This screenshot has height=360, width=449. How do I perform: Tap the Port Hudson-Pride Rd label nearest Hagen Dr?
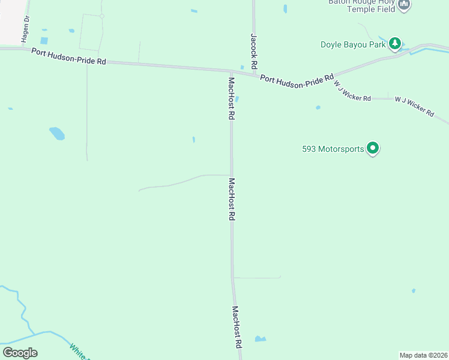[x=68, y=57]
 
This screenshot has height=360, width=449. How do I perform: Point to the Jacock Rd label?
[x=254, y=51]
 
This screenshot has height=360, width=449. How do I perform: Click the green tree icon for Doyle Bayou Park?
[x=394, y=43]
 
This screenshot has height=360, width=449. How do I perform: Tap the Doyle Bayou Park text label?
[x=352, y=44]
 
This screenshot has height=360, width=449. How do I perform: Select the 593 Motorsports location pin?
[x=373, y=148]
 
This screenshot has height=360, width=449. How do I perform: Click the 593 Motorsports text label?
[x=333, y=149]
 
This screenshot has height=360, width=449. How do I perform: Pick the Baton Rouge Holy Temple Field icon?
[x=404, y=5]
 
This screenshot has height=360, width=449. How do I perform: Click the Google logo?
[x=20, y=353]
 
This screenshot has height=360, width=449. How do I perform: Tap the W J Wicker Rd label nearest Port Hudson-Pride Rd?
[x=352, y=92]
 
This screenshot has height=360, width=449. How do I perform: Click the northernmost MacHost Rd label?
[x=231, y=98]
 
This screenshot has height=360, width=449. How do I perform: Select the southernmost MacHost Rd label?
[x=237, y=328]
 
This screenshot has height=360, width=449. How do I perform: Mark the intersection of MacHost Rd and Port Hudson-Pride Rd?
[x=231, y=71]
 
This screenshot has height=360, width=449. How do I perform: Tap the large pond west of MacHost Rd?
[x=56, y=133]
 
